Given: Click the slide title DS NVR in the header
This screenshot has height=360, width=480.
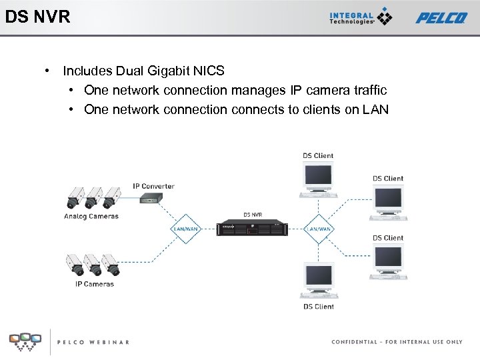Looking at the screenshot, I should pos(37,17).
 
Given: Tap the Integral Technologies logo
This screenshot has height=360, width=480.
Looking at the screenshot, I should pos(361,17).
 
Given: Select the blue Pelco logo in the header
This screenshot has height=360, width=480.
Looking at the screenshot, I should pos(441,17).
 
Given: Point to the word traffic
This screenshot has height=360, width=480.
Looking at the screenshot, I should pos(365,90).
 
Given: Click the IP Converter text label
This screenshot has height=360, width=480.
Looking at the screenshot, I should pos(153,186).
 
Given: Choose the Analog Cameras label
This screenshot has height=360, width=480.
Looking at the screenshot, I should pos(91,217).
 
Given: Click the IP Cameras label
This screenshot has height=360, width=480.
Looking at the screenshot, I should pos(94,284).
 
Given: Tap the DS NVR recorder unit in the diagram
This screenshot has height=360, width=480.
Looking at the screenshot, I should pos(252,228).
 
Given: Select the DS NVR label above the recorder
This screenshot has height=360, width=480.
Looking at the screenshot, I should pos(252,215).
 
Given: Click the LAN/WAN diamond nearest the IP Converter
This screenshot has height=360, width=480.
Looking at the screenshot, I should pos(185,229).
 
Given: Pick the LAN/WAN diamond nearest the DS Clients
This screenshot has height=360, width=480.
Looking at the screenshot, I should pos(319,229).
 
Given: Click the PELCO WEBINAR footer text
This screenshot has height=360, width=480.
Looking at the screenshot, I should pos(93,342).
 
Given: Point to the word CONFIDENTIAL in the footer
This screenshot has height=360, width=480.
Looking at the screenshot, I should pos(355,342).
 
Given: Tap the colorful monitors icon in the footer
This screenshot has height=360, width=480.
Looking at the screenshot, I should pos(25,341).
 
